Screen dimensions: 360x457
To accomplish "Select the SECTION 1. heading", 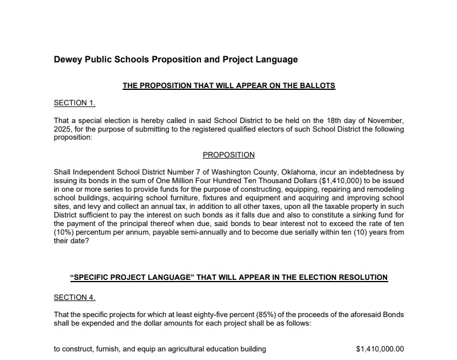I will point(74,103).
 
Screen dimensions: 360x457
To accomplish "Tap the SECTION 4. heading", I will point(74,298).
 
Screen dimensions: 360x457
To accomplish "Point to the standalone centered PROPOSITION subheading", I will point(229,155).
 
